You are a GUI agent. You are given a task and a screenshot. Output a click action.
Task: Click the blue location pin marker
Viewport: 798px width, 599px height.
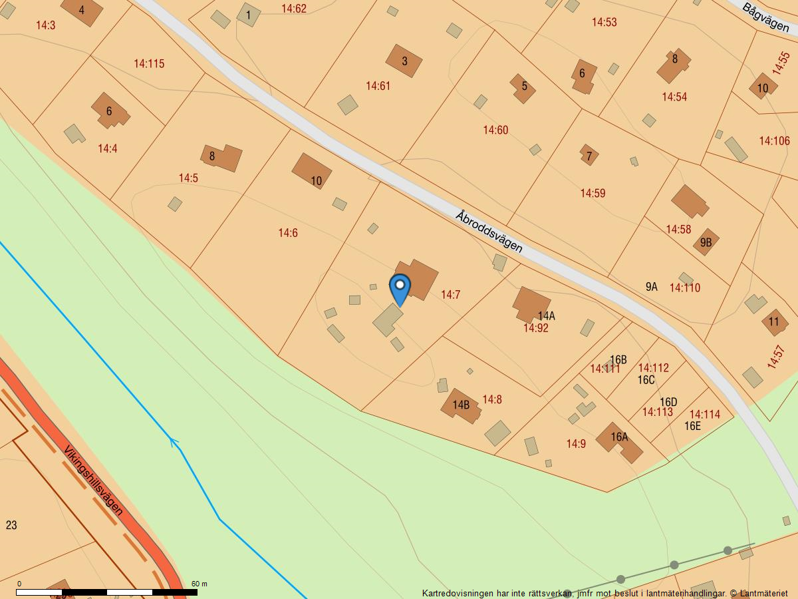[400, 288]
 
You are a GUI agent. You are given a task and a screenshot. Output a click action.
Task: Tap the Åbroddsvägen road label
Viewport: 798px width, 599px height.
[489, 232]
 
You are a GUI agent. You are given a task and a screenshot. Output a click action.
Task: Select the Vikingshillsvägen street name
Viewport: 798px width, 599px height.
[94, 481]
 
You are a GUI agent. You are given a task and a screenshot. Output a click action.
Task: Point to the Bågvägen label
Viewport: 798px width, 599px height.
[765, 19]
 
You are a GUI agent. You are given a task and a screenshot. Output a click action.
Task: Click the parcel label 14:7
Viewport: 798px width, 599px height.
[450, 295]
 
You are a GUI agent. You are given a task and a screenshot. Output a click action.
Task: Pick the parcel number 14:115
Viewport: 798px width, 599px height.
[149, 64]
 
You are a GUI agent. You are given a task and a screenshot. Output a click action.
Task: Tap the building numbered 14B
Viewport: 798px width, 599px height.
[461, 405]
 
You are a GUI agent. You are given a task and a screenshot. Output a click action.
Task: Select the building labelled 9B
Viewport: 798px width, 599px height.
[706, 242]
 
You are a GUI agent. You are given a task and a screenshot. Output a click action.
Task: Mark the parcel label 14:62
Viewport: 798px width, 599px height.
[294, 9]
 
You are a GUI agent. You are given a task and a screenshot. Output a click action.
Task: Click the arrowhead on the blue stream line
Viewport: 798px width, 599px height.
[175, 441]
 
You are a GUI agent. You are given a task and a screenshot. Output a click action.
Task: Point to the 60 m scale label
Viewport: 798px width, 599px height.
[199, 584]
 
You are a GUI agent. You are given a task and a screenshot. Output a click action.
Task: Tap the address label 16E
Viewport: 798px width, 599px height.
[693, 426]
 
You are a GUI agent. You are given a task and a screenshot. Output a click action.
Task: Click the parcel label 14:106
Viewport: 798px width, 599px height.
[774, 140]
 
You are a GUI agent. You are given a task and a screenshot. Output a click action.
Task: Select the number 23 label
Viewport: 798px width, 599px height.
[11, 525]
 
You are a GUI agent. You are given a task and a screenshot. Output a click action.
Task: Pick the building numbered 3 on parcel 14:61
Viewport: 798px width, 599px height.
[404, 61]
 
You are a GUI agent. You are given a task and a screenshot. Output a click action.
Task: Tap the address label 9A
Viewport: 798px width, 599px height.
[651, 287]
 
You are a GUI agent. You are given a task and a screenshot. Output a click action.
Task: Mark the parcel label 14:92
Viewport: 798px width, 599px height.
[535, 328]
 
